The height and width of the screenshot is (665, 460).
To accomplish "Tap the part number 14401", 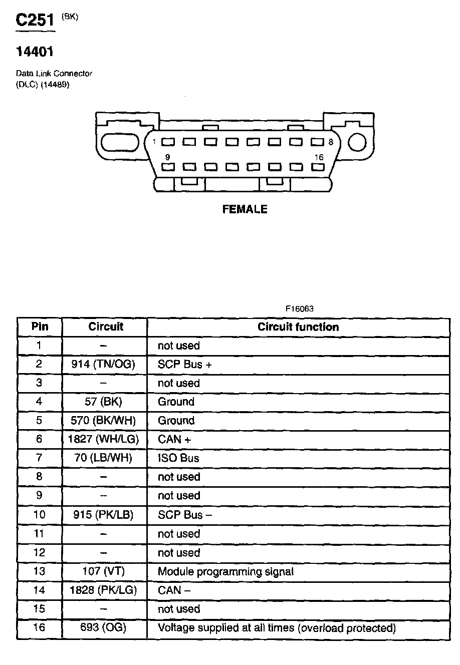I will [x=35, y=51].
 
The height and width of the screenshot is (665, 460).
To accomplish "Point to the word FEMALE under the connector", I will [x=245, y=209].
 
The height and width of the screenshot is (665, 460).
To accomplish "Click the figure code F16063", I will [x=300, y=309].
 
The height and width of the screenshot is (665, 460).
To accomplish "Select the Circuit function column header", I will [x=298, y=327].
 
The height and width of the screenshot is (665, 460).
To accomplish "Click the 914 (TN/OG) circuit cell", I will [x=103, y=365].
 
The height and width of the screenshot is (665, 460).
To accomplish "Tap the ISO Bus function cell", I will [x=178, y=458].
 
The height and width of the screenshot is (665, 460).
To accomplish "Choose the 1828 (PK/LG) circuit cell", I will [x=103, y=590].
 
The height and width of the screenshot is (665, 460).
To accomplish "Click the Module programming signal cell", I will [x=225, y=571].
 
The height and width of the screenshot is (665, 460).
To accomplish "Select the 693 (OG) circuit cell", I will [x=103, y=628].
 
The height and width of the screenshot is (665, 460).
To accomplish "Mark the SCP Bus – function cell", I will [x=185, y=515].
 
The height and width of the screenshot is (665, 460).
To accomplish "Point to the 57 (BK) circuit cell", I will [x=103, y=402].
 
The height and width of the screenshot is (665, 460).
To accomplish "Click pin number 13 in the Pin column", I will [x=39, y=571].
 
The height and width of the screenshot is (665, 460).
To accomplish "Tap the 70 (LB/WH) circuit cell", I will [x=103, y=458].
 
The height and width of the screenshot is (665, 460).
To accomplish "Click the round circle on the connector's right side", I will [x=357, y=142].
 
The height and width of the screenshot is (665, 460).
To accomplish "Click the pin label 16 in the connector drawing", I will [x=319, y=157].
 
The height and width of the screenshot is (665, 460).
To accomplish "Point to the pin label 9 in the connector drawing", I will [x=167, y=157].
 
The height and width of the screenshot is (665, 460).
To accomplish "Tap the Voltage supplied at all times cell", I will [x=277, y=628].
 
